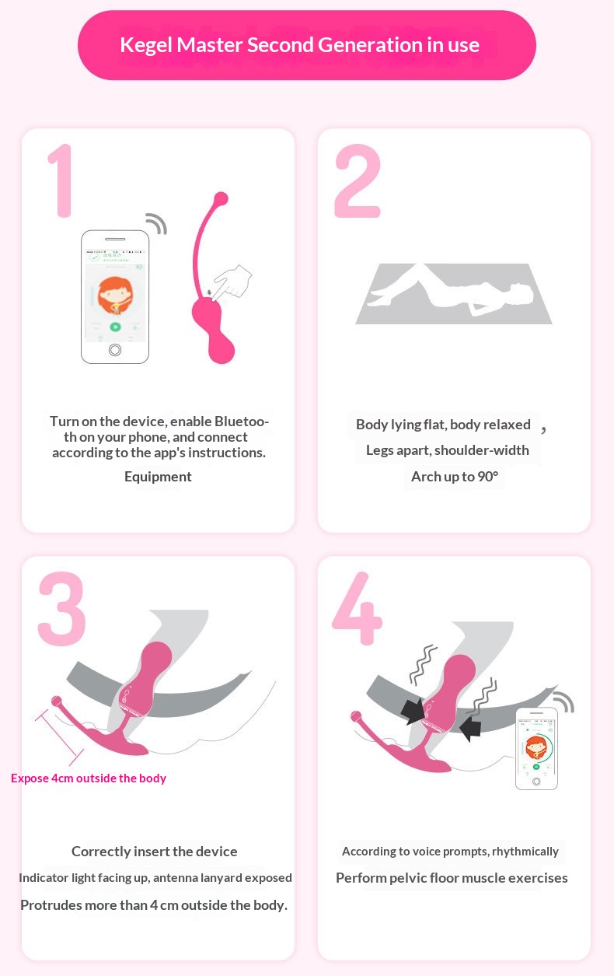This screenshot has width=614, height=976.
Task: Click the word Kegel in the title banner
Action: click(146, 46)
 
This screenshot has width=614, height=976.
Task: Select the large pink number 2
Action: click(358, 180)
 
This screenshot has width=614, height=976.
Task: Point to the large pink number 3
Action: click(61, 609)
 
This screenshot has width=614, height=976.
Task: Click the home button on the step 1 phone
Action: click(115, 349)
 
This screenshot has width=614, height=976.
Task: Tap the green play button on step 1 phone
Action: click(115, 327)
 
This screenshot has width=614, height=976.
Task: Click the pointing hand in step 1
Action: click(232, 283)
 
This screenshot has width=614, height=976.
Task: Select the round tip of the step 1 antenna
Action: click(222, 198)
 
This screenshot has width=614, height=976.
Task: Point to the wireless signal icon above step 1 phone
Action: click(157, 223)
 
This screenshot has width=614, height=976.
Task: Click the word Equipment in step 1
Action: click(158, 477)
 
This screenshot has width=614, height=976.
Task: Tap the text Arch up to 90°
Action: click(455, 476)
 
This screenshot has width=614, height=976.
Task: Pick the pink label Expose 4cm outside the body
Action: click(89, 778)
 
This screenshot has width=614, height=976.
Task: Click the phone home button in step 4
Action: click(536, 782)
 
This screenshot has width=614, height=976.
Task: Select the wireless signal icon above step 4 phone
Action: click(564, 701)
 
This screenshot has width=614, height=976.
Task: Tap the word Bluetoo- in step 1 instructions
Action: click(242, 422)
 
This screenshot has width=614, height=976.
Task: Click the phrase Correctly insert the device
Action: click(155, 852)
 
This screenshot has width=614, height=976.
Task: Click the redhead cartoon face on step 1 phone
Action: click(114, 296)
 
